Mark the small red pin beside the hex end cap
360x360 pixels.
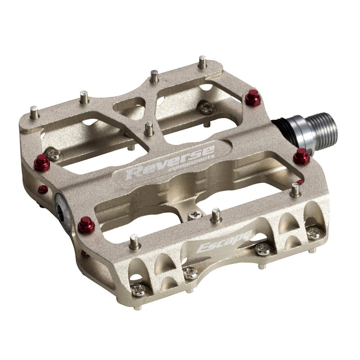click(43, 190)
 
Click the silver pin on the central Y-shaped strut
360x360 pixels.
click(148, 128)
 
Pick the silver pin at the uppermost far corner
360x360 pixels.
click(203, 62)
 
